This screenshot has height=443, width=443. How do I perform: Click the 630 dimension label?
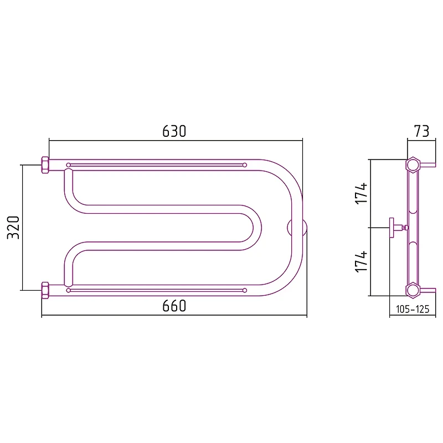(174, 131)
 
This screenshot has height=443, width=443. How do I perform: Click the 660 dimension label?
(174, 306)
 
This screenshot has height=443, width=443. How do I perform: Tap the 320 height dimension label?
(13, 228)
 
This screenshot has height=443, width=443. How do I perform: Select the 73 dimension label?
(421, 131)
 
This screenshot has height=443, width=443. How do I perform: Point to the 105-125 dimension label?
(413, 309)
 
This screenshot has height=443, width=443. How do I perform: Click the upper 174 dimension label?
(361, 193)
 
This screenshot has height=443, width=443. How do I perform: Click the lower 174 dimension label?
(361, 261)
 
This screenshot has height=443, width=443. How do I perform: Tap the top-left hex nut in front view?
(45, 164)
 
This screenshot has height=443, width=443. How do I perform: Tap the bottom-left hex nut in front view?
(45, 290)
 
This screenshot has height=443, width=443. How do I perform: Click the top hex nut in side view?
(413, 164)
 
